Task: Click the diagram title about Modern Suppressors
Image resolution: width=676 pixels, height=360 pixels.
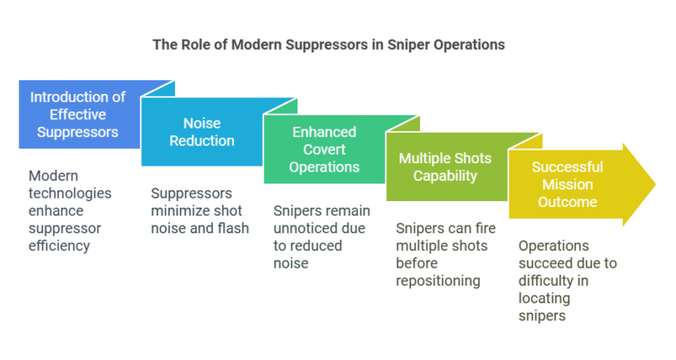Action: pos(329,45)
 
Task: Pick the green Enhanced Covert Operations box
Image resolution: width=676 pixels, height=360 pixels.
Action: pos(324,150)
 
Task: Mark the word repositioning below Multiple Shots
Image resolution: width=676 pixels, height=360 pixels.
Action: pos(439,281)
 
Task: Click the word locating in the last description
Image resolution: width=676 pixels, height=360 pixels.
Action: pos(542,298)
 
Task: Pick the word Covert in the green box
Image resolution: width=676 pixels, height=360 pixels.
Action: pos(324,150)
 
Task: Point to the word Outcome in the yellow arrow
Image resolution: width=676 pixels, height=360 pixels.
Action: pos(567,203)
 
